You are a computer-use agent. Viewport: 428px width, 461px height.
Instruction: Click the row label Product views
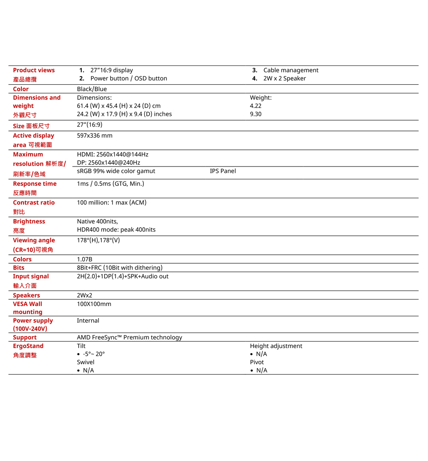[x=34, y=70]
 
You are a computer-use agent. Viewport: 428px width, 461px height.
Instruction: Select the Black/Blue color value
[x=92, y=89]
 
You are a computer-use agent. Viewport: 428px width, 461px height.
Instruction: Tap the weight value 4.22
[x=256, y=106]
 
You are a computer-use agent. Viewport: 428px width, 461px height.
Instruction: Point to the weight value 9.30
[x=256, y=114]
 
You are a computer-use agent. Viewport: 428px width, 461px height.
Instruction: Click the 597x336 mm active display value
[x=95, y=135]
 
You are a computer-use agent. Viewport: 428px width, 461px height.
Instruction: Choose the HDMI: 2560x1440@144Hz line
[x=113, y=154]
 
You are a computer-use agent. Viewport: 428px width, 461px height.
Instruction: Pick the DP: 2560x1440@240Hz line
[x=108, y=163]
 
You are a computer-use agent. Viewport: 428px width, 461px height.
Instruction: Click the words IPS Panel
[x=223, y=171]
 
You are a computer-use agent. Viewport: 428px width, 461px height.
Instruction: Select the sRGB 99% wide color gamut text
[x=116, y=171]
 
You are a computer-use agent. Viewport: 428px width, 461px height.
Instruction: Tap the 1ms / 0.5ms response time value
[x=110, y=184]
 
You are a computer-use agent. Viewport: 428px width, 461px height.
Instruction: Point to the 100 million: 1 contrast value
[x=111, y=202]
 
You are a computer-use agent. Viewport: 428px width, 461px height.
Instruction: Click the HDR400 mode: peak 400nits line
[x=116, y=229]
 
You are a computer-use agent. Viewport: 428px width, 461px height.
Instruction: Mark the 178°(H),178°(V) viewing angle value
[x=98, y=240]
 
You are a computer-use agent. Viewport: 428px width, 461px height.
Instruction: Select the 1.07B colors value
[x=84, y=259]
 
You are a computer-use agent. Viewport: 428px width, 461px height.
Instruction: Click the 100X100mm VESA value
[x=94, y=304]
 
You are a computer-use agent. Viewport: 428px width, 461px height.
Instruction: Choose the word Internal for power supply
[x=88, y=321]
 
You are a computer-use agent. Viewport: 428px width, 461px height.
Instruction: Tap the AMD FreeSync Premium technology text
[x=129, y=337]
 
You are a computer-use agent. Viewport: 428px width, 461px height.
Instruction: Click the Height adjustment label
[x=276, y=346]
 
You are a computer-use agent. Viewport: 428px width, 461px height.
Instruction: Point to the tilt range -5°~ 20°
[x=94, y=354]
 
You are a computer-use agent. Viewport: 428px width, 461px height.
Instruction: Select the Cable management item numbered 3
[x=291, y=70]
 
